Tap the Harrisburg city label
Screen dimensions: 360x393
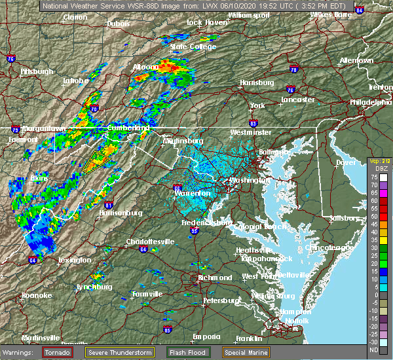coord(256,82)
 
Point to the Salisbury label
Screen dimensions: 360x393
coord(345,217)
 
